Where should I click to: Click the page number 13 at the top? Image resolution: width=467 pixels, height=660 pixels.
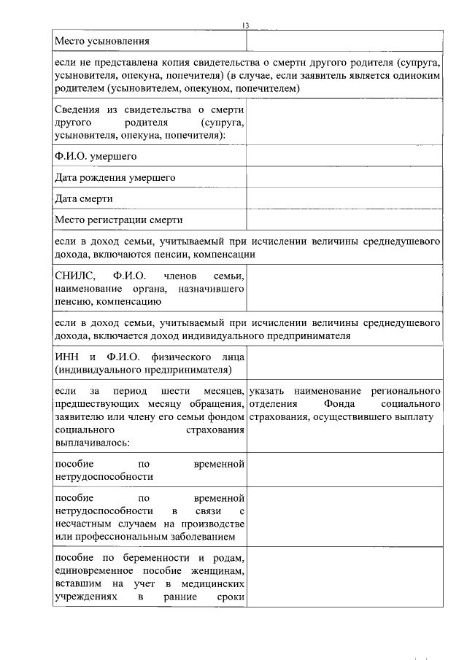(246, 26)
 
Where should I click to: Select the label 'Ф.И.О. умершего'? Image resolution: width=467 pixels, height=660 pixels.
(96, 157)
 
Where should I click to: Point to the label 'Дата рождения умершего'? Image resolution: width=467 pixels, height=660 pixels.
(115, 178)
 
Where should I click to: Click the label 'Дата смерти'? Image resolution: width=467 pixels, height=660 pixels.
(83, 198)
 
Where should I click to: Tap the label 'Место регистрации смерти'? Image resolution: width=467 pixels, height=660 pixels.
(118, 220)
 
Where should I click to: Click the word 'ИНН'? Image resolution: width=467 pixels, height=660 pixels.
(66, 357)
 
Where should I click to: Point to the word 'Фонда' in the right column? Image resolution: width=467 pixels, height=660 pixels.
(336, 403)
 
